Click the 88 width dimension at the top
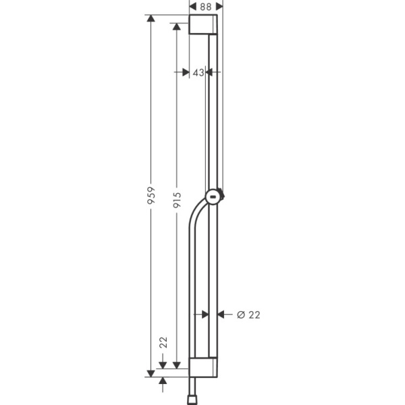point(206,6)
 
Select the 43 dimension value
point(198,72)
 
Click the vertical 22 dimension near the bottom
point(163,342)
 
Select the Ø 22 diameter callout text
point(248,314)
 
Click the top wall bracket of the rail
point(203,25)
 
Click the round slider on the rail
point(214,196)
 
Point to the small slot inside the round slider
point(213,197)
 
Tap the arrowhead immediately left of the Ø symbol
point(223,314)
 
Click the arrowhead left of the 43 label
point(184,72)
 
